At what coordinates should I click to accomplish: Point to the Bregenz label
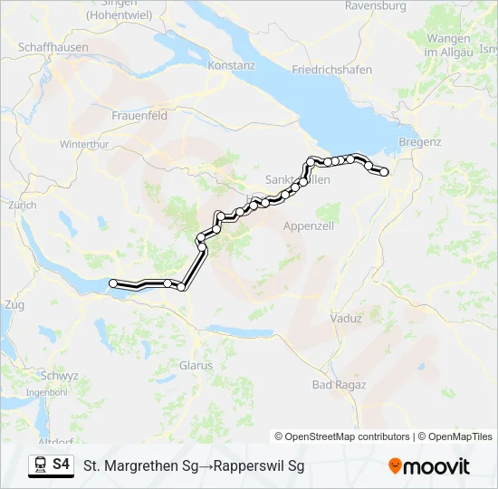(x=419, y=142)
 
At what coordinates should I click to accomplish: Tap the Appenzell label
(x=310, y=225)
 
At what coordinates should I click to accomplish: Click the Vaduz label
(x=346, y=319)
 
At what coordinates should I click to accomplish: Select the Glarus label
(x=196, y=366)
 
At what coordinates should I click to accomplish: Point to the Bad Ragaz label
(x=339, y=385)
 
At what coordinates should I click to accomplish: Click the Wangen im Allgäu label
(x=448, y=44)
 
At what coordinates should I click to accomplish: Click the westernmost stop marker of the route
(x=113, y=283)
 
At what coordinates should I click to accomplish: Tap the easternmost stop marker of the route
(x=385, y=171)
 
